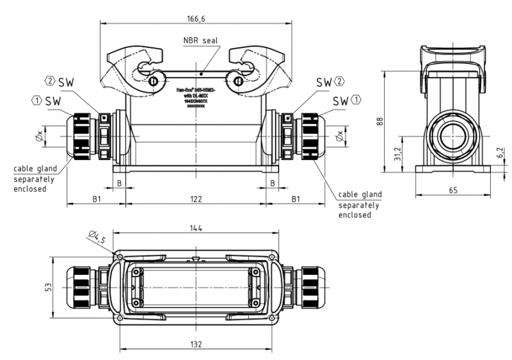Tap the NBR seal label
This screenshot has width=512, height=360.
[x=200, y=40]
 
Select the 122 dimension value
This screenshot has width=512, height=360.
[x=196, y=199]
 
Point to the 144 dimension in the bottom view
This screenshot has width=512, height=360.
[x=196, y=228]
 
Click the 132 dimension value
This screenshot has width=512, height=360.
[x=196, y=344]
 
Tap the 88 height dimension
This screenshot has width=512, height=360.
[x=380, y=122]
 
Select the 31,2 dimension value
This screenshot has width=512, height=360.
[x=397, y=154]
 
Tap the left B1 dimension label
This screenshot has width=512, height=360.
[x=96, y=199]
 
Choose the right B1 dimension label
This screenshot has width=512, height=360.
[x=296, y=199]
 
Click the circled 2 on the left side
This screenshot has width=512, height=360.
[x=50, y=81]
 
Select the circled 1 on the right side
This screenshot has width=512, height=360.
[x=356, y=100]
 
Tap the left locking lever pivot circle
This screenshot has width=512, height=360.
[x=153, y=81]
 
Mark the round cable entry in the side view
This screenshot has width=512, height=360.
[x=452, y=135]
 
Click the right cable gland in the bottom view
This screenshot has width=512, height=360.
[x=312, y=288]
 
